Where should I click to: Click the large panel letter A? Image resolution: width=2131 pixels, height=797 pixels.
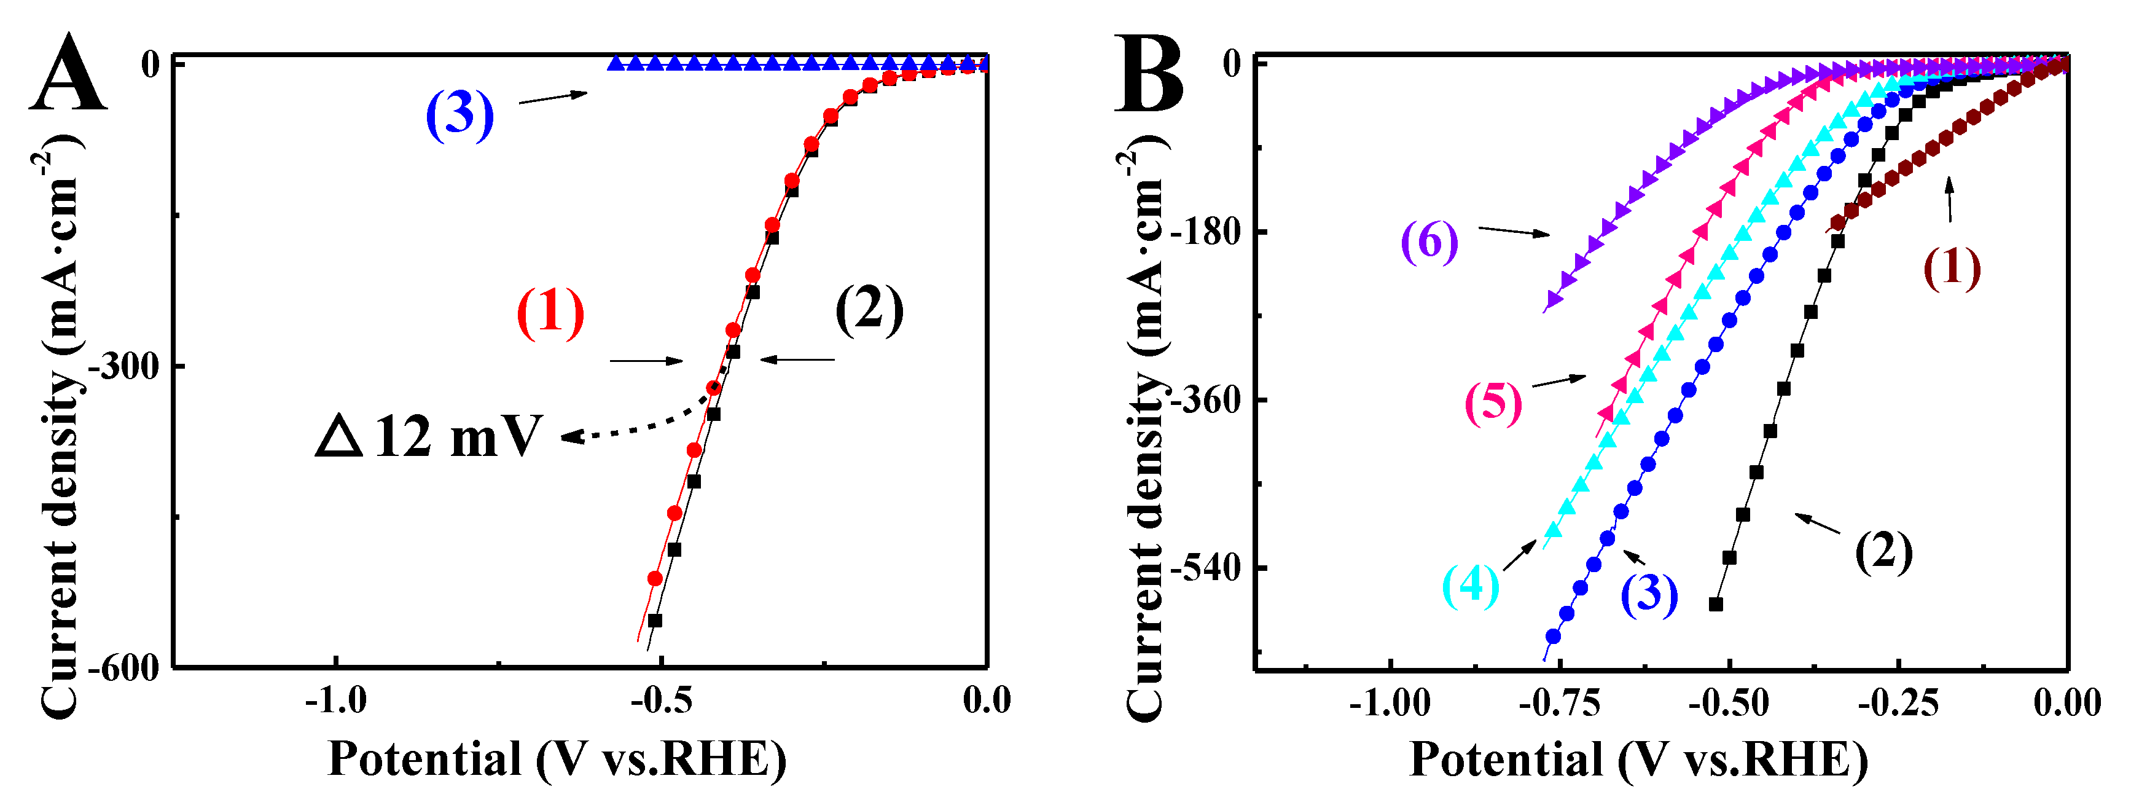coord(68,74)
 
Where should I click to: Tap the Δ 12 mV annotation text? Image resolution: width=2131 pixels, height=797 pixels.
coord(429,436)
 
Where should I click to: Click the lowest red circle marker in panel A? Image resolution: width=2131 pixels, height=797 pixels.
coord(654,578)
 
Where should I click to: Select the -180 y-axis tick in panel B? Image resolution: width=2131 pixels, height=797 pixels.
coord(1208,232)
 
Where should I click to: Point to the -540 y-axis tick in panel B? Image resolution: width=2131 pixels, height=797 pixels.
coord(1208,568)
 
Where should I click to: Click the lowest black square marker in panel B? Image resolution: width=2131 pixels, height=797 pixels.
coord(1716,604)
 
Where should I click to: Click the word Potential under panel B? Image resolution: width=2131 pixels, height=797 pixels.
coord(1506,760)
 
